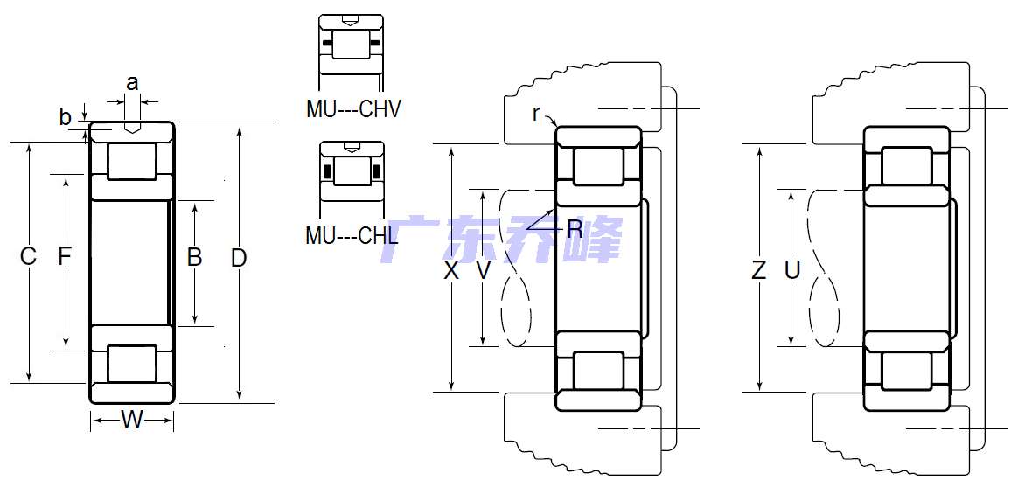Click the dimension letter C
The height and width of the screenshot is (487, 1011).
click(27, 256)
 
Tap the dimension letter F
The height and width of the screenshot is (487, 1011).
click(64, 256)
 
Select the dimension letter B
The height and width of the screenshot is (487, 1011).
click(194, 257)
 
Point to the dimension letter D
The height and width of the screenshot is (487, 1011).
click(239, 258)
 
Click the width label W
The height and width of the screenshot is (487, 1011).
click(132, 420)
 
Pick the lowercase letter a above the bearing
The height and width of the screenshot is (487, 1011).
click(132, 83)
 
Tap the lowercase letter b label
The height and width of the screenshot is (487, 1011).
click(65, 116)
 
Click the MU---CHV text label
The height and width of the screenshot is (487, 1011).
click(353, 109)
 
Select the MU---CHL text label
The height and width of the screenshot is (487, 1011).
click(352, 235)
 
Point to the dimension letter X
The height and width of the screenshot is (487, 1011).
click(451, 270)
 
